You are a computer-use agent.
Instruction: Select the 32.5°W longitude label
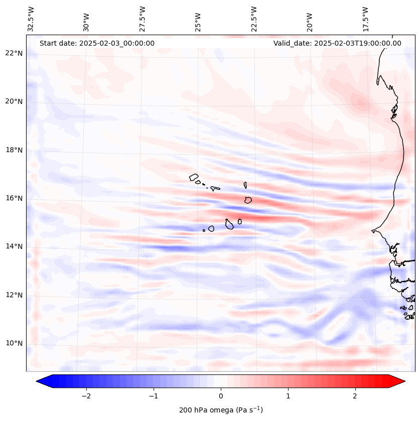coord(31,19)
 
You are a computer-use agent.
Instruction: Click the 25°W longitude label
coord(198,19)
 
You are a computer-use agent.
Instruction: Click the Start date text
coord(97,43)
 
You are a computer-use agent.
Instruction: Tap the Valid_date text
coord(337,43)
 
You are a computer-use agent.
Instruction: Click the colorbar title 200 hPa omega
coord(221,410)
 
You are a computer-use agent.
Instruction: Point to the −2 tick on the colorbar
coord(86,396)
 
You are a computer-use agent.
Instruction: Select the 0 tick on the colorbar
coord(221,396)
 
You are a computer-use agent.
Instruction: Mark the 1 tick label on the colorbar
coord(288,396)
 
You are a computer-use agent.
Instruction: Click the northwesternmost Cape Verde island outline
coord(194,177)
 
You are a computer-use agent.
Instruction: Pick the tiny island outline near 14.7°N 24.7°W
coord(204,230)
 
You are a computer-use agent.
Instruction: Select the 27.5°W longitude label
coord(143,19)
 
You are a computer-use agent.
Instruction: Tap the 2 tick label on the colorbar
coord(355,396)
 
